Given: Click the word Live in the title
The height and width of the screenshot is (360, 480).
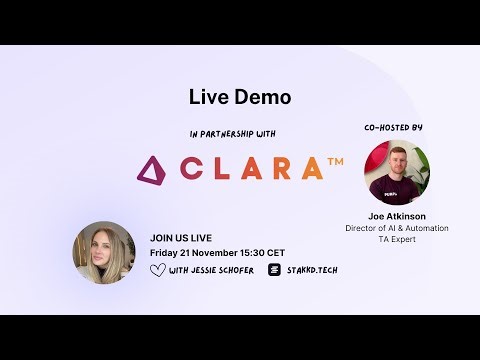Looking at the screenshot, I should click(207, 97).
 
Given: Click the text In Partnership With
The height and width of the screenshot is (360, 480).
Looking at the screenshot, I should click(232, 133).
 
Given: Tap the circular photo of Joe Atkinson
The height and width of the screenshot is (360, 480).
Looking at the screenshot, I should click(396, 173).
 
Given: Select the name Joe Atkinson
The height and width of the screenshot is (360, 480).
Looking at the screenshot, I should click(397, 216).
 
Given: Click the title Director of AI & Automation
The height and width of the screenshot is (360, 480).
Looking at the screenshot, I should click(397, 229).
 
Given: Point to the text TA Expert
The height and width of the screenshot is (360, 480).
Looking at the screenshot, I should click(397, 241).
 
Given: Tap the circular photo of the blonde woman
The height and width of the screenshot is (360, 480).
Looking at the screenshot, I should click(103, 251).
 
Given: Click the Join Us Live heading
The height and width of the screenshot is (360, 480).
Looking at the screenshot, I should click(180, 239).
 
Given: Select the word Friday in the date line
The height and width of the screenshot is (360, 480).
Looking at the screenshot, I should click(164, 254).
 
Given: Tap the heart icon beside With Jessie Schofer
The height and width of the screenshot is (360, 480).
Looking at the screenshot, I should click(157, 270).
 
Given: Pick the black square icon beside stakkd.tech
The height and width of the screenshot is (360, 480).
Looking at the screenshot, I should click(274, 270).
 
